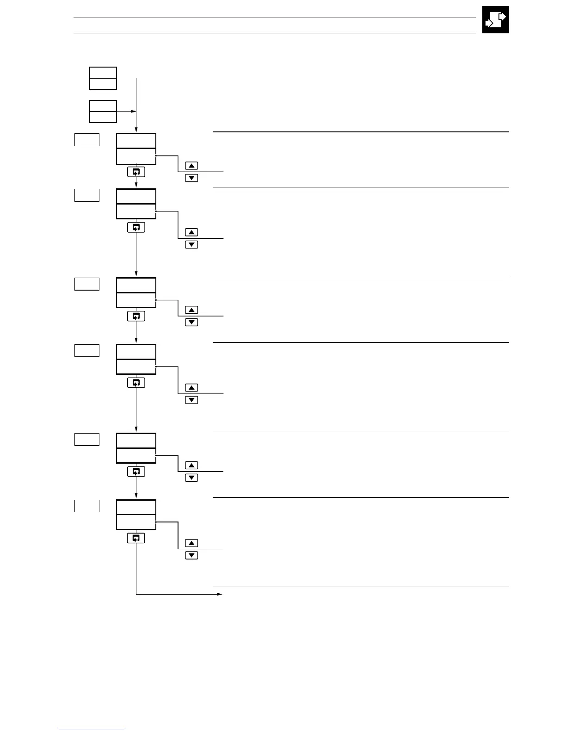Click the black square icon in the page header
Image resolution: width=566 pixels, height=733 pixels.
coord(495,19)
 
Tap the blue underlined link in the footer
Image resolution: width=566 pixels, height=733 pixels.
coord(92,729)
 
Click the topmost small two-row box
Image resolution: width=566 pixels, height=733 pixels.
coord(103,78)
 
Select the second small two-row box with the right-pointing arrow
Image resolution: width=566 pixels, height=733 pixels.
coord(103,111)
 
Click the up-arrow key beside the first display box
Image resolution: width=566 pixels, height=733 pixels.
coord(191,166)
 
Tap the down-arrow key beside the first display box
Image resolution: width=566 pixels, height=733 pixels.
coord(191,178)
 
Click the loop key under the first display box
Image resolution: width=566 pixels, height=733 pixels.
coord(136,172)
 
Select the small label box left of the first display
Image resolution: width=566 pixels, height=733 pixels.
coord(87,139)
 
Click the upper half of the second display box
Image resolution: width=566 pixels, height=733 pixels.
coord(136,196)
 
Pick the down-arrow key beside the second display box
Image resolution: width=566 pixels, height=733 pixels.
coord(191,244)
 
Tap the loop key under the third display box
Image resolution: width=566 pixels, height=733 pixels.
coord(136,316)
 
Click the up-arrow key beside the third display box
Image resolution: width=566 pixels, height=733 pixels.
coord(191,310)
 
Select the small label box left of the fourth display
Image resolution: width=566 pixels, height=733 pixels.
coord(87,350)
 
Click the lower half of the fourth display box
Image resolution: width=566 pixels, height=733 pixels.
coord(136,366)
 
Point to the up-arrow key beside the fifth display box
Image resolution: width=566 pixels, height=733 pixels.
coord(191,466)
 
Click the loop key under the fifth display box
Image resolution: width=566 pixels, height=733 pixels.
coord(136,472)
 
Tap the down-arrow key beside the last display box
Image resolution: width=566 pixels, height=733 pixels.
coord(191,555)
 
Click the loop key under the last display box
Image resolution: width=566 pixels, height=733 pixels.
coord(136,538)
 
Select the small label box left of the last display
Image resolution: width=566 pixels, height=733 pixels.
coord(87,506)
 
